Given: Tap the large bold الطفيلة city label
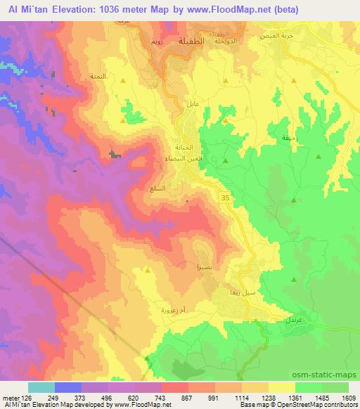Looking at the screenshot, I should coord(193,41).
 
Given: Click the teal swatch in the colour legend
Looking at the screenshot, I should coord(41,387).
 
